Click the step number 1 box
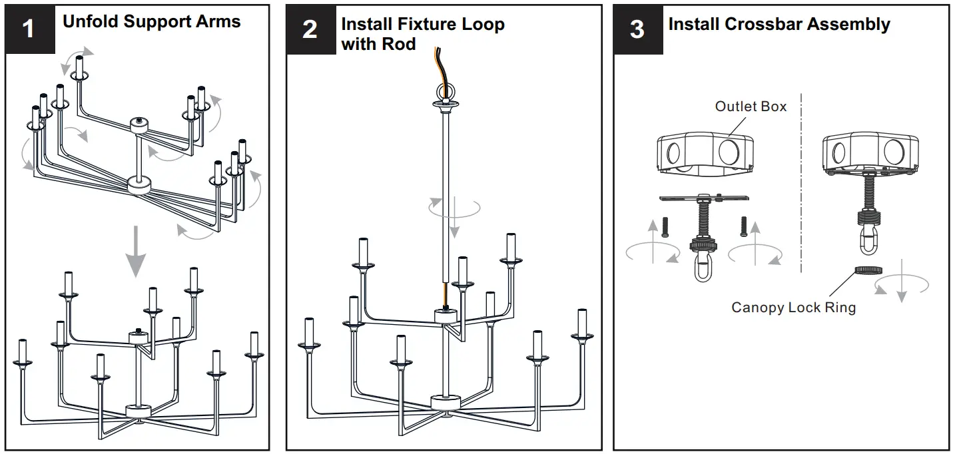pyautogui.click(x=29, y=30)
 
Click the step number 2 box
pyautogui.click(x=310, y=30)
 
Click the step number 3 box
pyautogui.click(x=637, y=30)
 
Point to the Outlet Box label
pyautogui.click(x=751, y=107)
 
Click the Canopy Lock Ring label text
pyautogui.click(x=793, y=308)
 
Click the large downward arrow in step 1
pyautogui.click(x=136, y=250)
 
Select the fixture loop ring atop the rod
pyautogui.click(x=443, y=91)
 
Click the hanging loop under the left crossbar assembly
pyautogui.click(x=702, y=270)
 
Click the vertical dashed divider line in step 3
pyautogui.click(x=801, y=186)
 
